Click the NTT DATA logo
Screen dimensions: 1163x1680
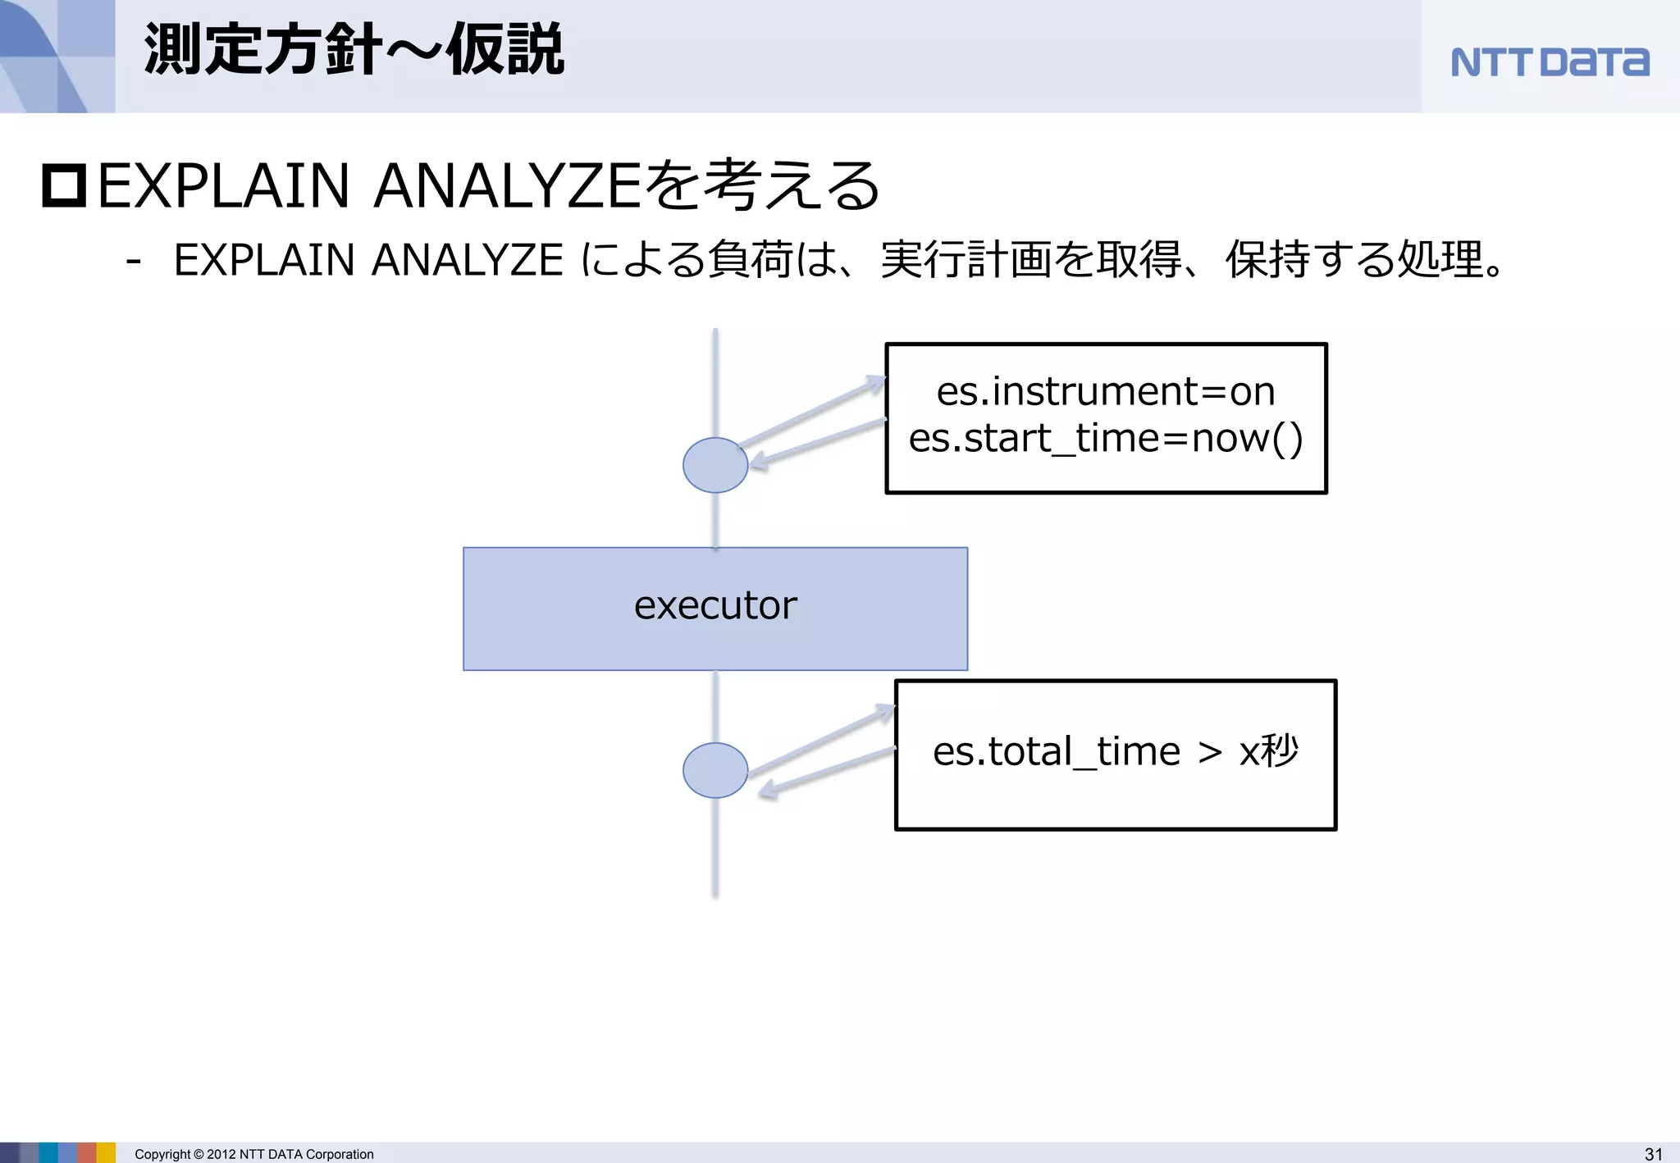1549,62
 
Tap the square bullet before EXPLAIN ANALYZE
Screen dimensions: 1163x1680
64,186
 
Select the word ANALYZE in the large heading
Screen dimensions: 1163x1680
507,186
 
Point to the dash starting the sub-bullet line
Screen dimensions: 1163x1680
134,262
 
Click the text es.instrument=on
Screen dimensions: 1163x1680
1105,391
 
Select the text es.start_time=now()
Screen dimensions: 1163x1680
1105,438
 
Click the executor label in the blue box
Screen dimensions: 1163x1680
714,606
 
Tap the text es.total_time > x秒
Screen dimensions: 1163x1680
1115,751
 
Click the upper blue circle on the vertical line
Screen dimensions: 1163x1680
715,465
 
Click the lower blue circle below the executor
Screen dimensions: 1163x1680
715,770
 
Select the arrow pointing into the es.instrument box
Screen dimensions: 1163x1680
812,411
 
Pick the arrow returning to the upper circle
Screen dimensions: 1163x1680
816,443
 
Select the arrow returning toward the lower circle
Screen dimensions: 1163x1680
824,771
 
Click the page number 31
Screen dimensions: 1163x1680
1653,1154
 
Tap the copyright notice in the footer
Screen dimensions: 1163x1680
253,1154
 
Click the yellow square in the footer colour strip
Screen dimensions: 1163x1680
107,1152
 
